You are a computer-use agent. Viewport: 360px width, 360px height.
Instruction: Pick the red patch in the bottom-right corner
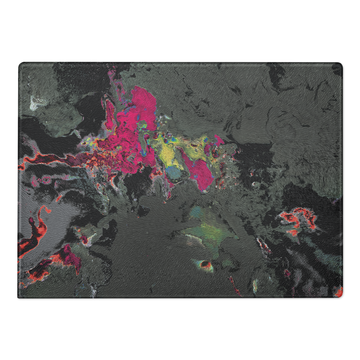point(338,292)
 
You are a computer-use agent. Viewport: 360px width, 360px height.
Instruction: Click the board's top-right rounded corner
point(339,65)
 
